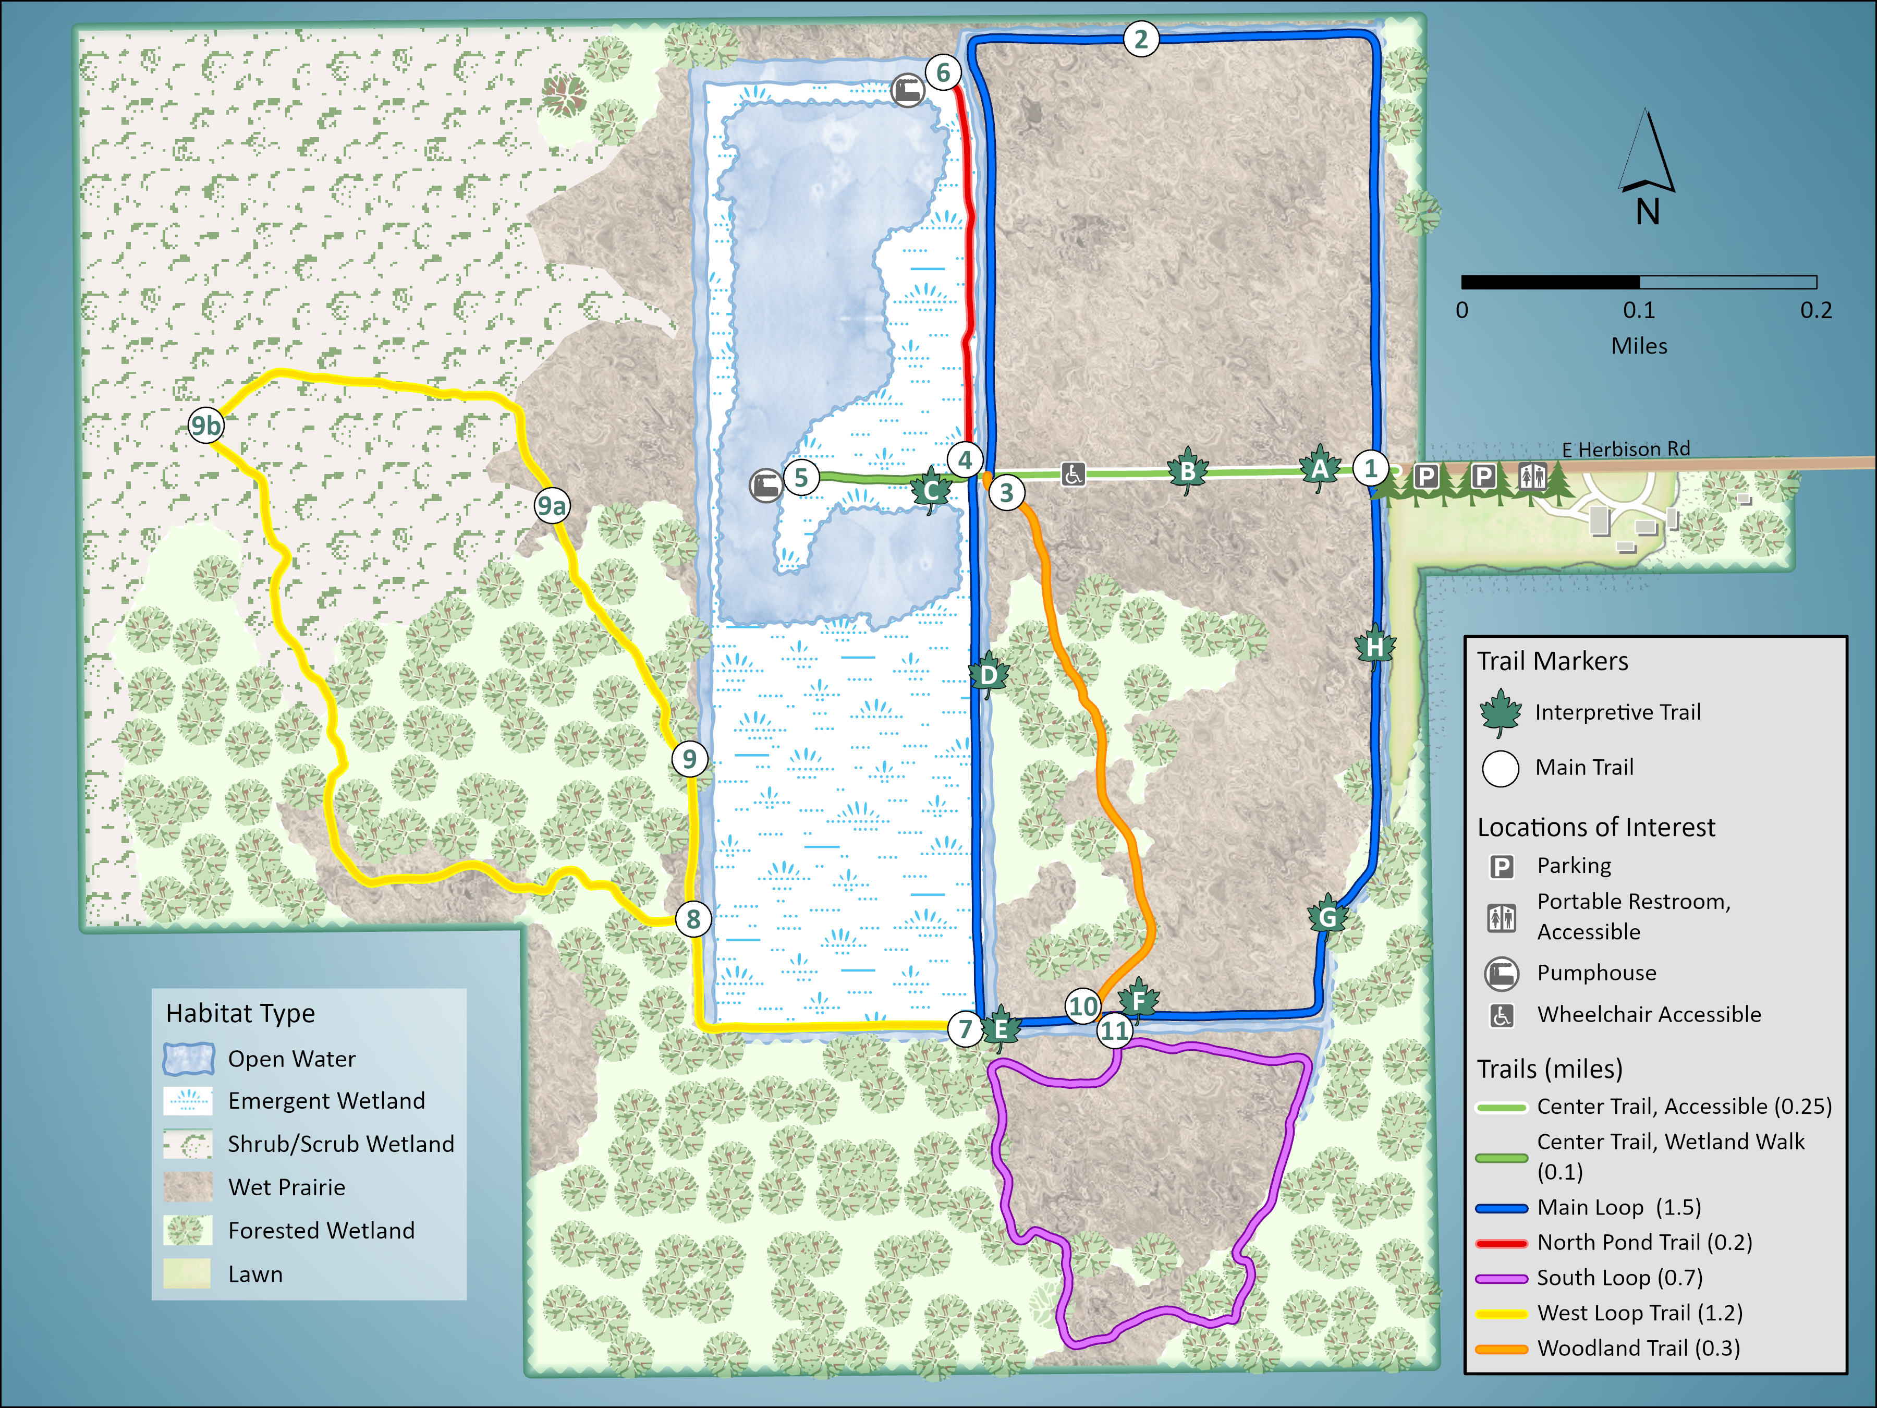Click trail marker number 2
[1140, 39]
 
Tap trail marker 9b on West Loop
[206, 424]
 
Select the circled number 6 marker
[943, 73]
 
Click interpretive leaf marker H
[1375, 647]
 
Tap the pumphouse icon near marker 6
[907, 90]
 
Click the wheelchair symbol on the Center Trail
[1072, 475]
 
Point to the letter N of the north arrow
[1647, 211]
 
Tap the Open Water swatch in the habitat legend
[188, 1058]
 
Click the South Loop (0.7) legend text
[1619, 1277]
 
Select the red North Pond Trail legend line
[1501, 1243]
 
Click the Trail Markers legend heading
[1552, 661]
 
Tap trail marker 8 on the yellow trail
[693, 918]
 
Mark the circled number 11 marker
[1114, 1031]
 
